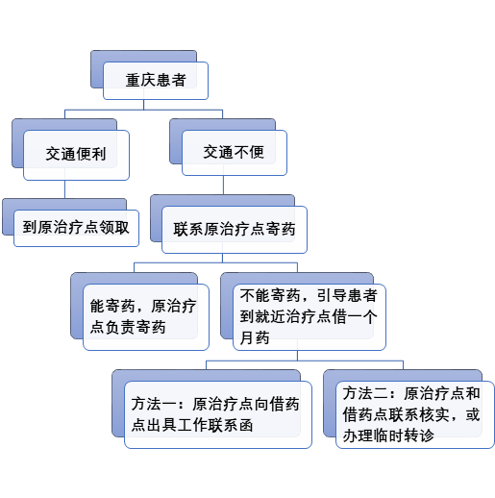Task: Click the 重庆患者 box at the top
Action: point(156,81)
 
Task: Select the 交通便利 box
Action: point(76,155)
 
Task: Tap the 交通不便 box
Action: point(235,153)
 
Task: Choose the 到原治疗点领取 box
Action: point(76,228)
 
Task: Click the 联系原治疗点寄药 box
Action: point(235,230)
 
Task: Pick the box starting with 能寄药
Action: point(146,317)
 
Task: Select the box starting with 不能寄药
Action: point(309,317)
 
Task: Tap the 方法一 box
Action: point(218,414)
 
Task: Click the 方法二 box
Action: point(415,414)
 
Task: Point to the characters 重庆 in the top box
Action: point(140,80)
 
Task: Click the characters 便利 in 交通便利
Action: point(91,154)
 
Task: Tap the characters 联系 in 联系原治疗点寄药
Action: point(188,230)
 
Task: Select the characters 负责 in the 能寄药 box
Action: point(120,328)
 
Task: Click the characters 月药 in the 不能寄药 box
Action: point(255,337)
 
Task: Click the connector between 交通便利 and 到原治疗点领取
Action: point(64,189)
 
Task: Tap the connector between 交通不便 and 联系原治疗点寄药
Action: point(223,185)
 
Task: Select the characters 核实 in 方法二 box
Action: point(434,414)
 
